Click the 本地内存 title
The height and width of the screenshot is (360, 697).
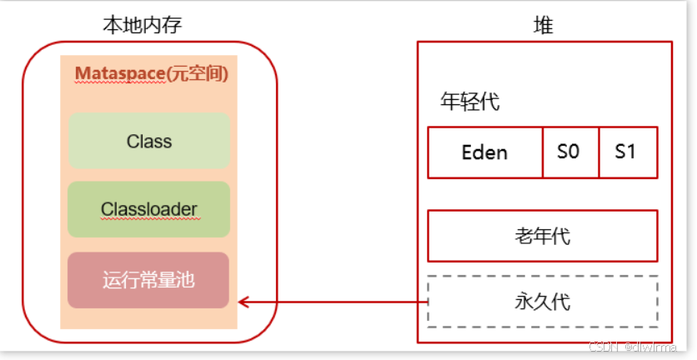[142, 25]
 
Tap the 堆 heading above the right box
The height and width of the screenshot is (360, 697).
[543, 25]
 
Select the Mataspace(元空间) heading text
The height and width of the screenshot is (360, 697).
[151, 73]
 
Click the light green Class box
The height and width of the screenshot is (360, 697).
[149, 141]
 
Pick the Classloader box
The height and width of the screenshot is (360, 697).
[149, 209]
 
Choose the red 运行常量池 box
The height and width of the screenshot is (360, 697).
[148, 280]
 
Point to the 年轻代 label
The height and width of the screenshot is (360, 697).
[469, 102]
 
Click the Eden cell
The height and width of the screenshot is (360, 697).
[484, 152]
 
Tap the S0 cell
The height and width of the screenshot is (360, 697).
[571, 152]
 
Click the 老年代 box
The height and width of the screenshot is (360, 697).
[542, 236]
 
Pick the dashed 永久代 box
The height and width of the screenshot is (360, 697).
[542, 301]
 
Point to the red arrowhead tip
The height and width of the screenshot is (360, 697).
[239, 302]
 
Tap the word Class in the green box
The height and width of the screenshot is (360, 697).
[149, 142]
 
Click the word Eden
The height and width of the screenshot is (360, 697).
[484, 153]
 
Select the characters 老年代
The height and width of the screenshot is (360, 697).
[542, 236]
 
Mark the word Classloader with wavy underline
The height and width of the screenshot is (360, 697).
[149, 209]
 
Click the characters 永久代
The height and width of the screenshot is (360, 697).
[542, 301]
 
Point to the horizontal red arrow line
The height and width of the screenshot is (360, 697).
[333, 302]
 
